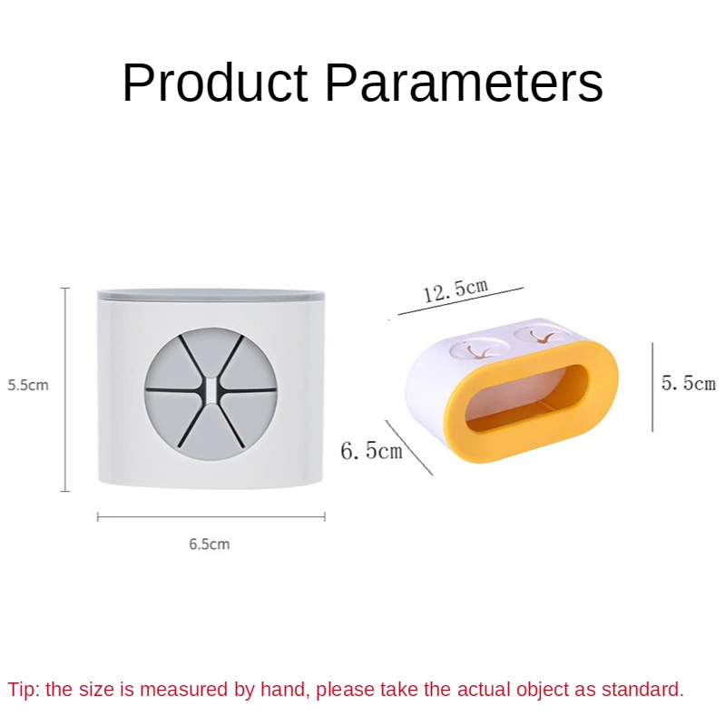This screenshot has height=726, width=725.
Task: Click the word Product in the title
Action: click(215, 83)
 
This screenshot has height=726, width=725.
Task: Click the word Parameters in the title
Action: click(464, 83)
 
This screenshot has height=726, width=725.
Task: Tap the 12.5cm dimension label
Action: click(456, 290)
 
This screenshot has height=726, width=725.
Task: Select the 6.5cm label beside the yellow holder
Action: click(371, 450)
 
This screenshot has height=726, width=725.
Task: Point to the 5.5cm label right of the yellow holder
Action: click(689, 383)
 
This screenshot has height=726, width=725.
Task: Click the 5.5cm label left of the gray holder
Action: click(28, 385)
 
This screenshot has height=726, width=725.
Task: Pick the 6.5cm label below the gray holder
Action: click(210, 544)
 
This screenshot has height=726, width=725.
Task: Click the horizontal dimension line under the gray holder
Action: click(211, 516)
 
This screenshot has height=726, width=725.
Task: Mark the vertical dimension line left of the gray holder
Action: click(65, 389)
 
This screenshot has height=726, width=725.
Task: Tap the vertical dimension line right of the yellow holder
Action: click(652, 388)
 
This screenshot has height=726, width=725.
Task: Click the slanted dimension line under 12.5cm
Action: click(461, 301)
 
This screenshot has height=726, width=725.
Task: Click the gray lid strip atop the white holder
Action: click(211, 295)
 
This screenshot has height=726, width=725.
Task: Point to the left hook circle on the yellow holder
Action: click(475, 349)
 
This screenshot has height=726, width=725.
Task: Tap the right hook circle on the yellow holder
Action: click(541, 334)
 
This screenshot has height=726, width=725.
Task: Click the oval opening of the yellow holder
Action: click(527, 398)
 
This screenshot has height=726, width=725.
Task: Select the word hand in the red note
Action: click(285, 690)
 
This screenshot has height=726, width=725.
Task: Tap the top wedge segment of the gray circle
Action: click(211, 350)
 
